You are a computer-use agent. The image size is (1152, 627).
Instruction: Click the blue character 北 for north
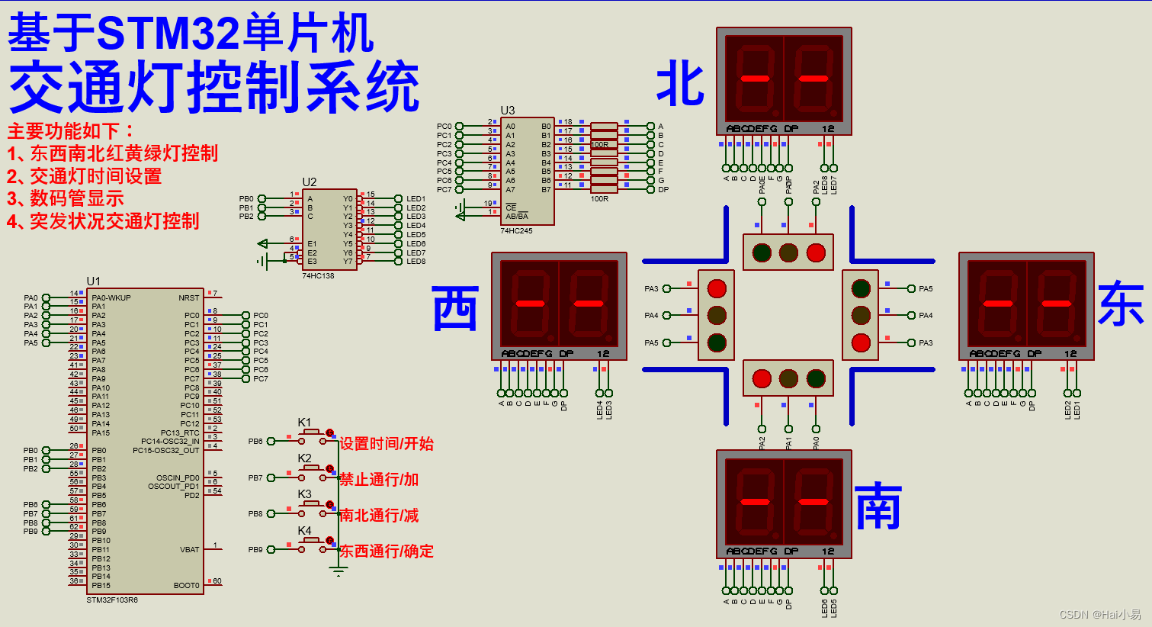point(680,84)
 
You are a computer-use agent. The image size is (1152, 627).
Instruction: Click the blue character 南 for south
point(878,506)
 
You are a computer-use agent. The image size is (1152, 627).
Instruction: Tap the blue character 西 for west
point(455,308)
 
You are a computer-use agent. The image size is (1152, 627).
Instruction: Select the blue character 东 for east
point(1121,304)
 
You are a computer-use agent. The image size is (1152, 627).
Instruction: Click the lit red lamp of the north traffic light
point(815,252)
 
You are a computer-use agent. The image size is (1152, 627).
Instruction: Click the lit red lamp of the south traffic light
point(762,378)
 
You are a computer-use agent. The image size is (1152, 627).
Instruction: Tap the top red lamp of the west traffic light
point(717,288)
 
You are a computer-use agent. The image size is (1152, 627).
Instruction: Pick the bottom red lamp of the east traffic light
point(861,342)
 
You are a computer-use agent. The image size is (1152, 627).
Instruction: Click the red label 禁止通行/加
point(379,480)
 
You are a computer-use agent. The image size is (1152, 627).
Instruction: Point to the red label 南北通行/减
point(379,516)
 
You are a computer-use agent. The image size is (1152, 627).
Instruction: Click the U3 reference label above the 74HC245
point(507,111)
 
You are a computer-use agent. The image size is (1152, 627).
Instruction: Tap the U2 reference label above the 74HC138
point(309,182)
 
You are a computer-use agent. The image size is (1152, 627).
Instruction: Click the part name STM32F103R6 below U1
point(112,600)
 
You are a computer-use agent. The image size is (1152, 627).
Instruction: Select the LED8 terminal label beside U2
point(416,262)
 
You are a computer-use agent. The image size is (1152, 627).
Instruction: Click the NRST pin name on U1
point(188,297)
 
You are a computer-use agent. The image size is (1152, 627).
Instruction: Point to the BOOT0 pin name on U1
point(186,586)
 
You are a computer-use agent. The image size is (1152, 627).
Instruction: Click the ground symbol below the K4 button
point(339,571)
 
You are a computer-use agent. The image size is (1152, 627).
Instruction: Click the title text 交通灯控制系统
point(213,88)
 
